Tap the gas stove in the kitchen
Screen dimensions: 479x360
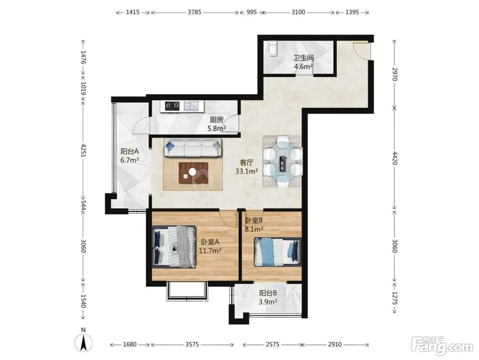tap(172, 106)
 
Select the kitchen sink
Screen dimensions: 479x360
tap(191, 106)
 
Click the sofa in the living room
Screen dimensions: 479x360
tap(193, 148)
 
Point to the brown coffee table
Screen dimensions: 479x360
tap(193, 173)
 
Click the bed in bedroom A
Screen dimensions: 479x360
tap(174, 247)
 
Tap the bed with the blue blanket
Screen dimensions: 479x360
tap(278, 252)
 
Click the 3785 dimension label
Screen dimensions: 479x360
tap(194, 12)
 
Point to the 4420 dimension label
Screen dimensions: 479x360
tap(395, 158)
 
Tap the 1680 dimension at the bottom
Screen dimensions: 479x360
tap(130, 344)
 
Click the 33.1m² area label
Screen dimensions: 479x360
tap(246, 171)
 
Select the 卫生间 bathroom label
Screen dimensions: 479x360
tap(303, 58)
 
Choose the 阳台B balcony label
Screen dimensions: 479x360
tap(268, 293)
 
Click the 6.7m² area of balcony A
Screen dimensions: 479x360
tap(130, 160)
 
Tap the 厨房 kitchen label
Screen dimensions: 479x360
tap(217, 119)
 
